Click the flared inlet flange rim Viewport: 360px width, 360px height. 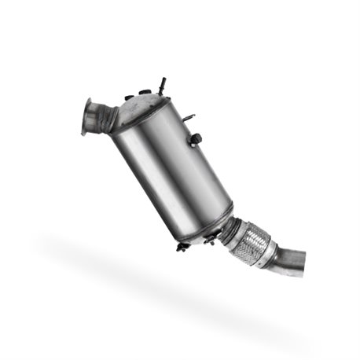click(86, 116)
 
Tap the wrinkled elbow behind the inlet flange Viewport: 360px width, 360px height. click(104, 118)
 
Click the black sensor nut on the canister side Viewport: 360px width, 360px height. click(196, 140)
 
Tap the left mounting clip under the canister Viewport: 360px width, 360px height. click(182, 246)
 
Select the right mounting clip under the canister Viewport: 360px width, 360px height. click(209, 240)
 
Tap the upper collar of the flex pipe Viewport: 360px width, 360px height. click(236, 228)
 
